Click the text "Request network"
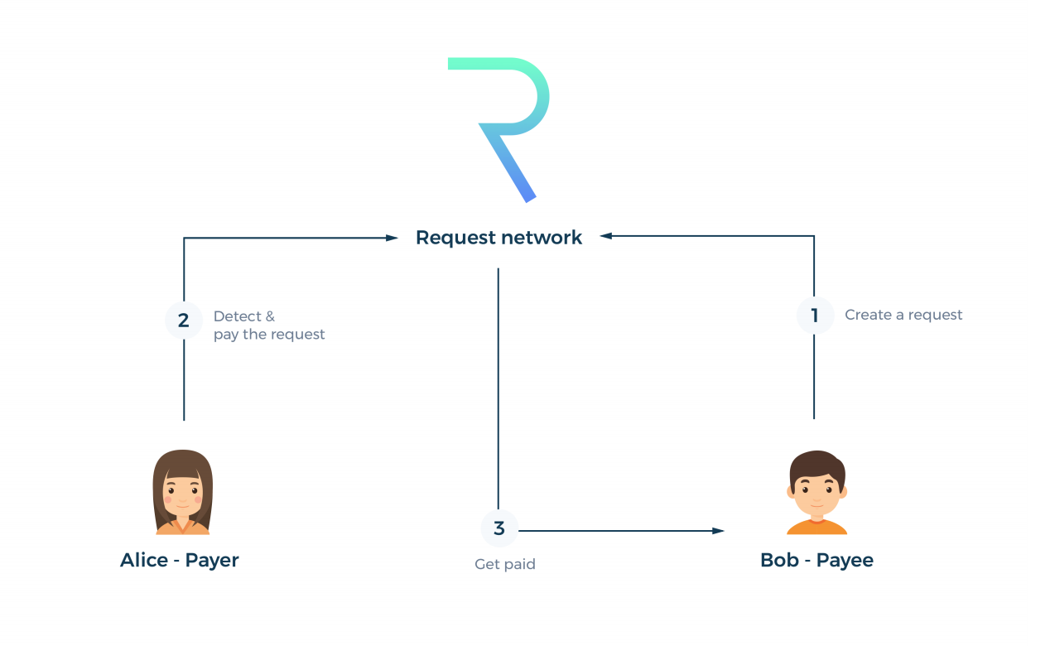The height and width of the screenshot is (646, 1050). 499,238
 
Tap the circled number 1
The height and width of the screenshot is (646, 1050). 815,316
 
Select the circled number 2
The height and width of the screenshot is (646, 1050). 184,321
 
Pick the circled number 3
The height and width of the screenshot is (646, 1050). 499,528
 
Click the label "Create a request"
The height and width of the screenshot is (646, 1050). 903,315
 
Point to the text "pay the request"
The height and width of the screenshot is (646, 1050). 269,335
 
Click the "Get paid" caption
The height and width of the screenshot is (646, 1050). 504,564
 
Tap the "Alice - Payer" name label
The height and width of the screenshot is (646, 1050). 179,560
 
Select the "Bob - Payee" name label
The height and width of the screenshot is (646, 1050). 816,560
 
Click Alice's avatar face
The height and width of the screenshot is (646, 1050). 182,494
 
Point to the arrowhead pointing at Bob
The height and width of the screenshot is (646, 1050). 718,531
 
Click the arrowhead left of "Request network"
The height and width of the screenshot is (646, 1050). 393,238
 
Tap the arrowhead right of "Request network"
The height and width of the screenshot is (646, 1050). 606,236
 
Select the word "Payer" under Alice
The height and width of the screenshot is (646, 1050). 212,560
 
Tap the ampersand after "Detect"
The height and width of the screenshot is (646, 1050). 270,316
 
